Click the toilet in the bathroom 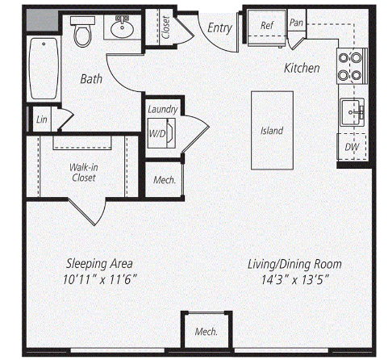(x=83, y=31)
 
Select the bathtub (x=44, y=69)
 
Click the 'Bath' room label (x=91, y=79)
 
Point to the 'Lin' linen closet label (x=42, y=119)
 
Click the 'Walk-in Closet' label (x=84, y=173)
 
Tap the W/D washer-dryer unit (x=161, y=133)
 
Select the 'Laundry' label (x=163, y=110)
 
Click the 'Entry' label (x=220, y=27)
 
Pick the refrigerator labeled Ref (x=266, y=27)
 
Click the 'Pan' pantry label (x=296, y=23)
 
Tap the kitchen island (x=272, y=131)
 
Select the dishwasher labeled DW (x=352, y=147)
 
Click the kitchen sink (x=353, y=112)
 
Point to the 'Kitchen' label (x=302, y=68)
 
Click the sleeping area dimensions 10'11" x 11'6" (x=100, y=280)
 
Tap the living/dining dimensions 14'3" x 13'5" (x=295, y=280)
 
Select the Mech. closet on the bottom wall (x=206, y=332)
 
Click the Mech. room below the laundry (x=164, y=180)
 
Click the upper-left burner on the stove (x=344, y=58)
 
